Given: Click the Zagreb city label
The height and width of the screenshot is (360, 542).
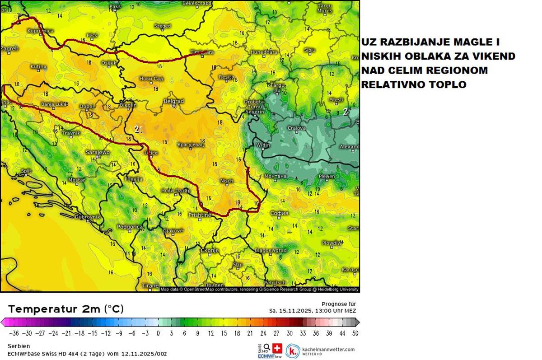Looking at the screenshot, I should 9,48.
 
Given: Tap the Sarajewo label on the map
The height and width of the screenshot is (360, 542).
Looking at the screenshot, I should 98,152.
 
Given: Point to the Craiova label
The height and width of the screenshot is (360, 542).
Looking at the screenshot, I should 297,128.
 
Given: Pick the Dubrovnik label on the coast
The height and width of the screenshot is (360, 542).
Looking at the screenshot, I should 87,217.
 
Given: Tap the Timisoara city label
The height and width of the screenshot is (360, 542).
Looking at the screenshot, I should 202,52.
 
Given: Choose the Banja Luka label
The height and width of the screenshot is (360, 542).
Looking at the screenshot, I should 54,105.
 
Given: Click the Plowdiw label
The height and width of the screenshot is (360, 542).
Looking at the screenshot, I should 332,243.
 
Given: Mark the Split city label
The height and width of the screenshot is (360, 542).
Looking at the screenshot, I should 27,171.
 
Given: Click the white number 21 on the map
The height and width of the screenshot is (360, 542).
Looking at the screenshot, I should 139,130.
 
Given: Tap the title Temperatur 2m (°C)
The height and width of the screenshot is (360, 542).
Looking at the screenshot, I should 66,309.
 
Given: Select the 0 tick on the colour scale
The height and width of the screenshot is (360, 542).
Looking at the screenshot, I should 158,333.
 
